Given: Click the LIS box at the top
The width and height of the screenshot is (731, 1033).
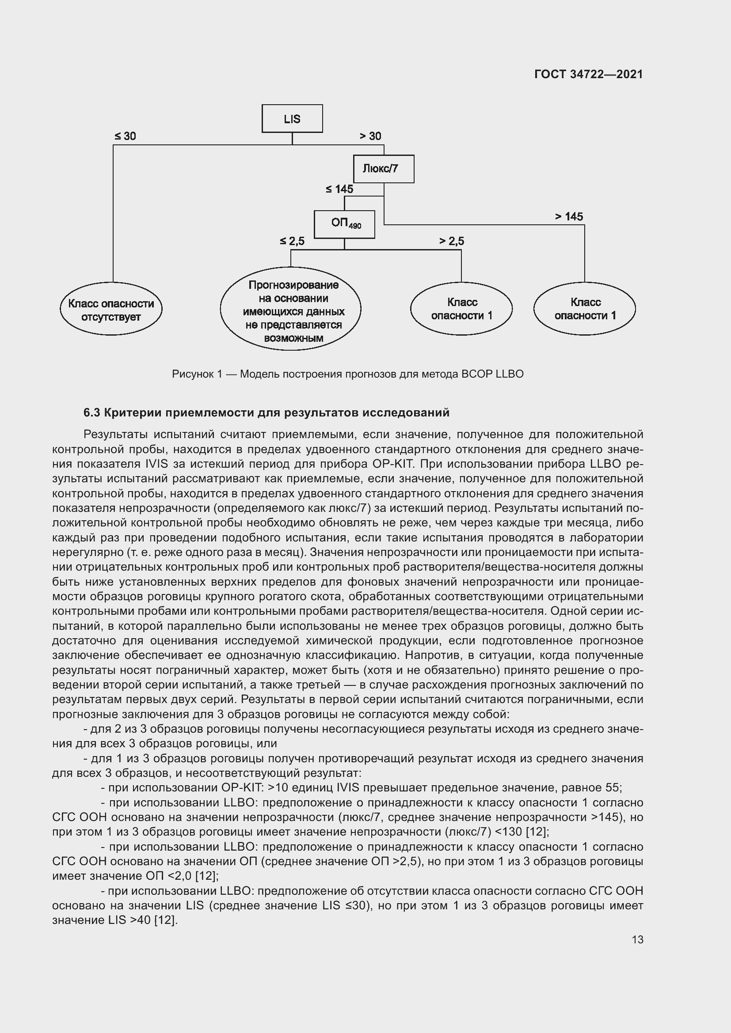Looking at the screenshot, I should pos(292,119).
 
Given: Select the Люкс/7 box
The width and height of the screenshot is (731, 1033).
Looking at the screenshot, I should pos(383,169).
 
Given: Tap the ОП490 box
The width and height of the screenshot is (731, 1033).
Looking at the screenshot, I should pos(344,224).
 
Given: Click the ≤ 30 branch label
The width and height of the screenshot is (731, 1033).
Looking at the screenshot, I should pos(125,136).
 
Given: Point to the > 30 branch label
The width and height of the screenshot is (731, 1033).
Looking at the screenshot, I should pos(370,136).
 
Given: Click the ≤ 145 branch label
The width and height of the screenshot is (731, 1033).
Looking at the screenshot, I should pos(339,189).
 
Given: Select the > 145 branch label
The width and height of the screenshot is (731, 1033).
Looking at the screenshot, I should pos(569,217).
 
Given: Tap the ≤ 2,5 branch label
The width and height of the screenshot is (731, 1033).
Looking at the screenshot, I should pos(292,242).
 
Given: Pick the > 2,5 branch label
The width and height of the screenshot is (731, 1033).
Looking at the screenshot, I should pos(452,242).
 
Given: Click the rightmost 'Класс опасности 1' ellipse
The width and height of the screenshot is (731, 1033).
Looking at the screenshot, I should pos(585,309).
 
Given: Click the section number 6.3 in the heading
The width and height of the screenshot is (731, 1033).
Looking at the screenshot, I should pos(92,412).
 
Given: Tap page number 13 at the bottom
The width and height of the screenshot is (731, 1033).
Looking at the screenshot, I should pos(637,939).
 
